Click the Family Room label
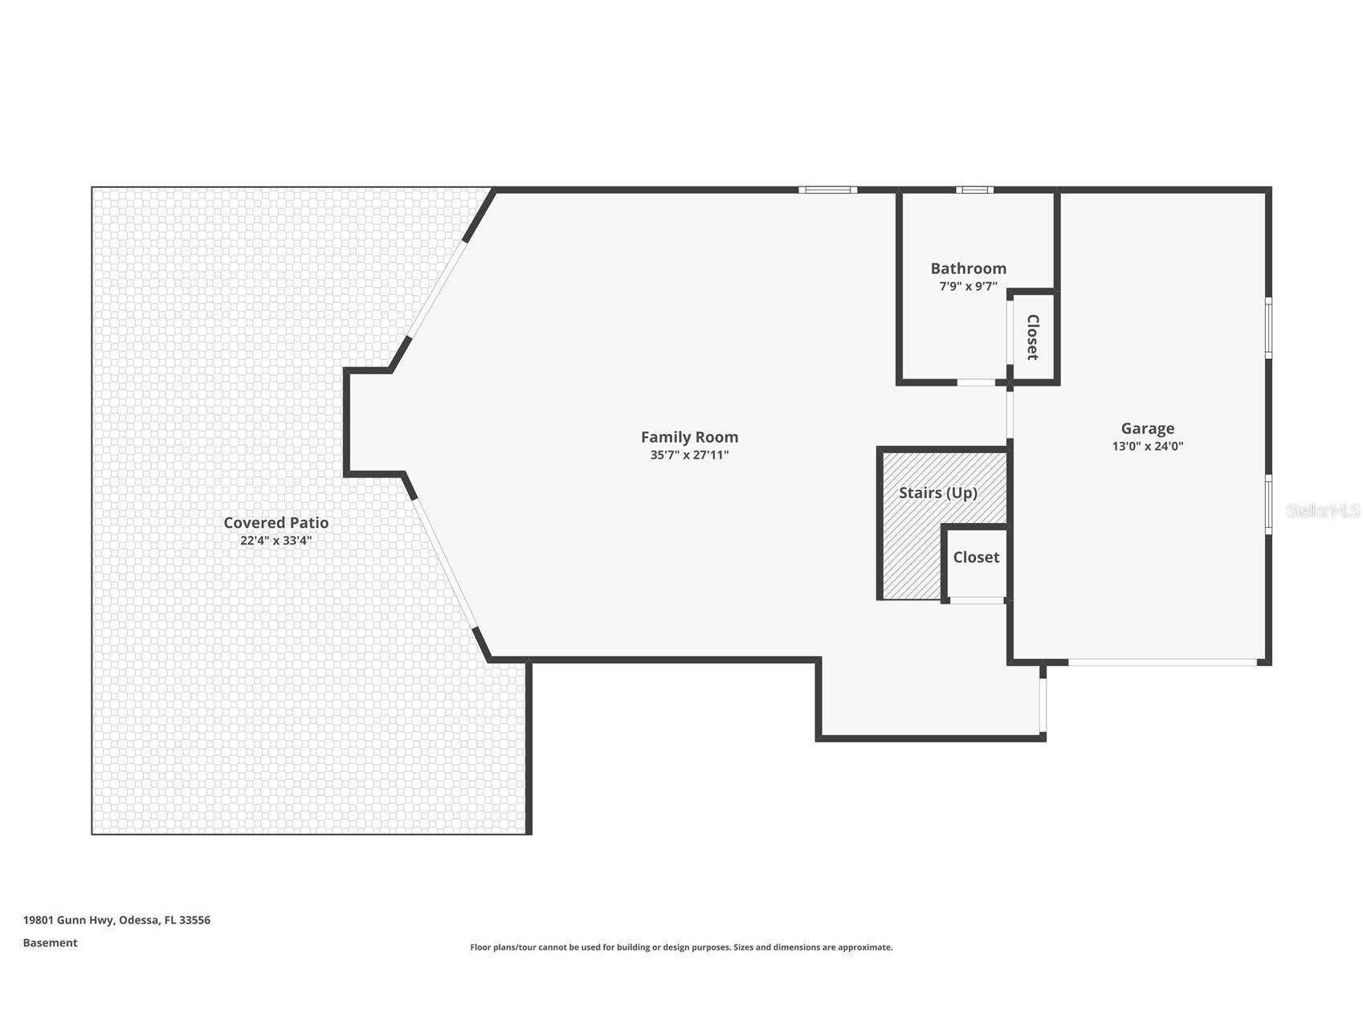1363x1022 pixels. [689, 437]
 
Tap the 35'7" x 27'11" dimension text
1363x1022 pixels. [689, 456]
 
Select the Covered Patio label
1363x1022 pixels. [275, 523]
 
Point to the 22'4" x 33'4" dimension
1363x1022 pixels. [275, 541]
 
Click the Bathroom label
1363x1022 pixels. [968, 268]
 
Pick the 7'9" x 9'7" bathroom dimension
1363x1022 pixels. [968, 286]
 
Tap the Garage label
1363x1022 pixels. [1147, 429]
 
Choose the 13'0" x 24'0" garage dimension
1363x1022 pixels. [1147, 447]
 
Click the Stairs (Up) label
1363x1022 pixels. [937, 493]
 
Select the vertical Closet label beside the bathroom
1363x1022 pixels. [1033, 337]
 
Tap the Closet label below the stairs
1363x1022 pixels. [976, 558]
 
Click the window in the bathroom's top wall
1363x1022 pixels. [974, 190]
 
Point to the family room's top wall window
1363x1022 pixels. [827, 190]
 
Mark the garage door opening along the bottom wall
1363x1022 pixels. [1161, 662]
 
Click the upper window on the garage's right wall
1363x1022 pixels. [1268, 327]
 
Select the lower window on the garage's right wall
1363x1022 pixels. [1268, 504]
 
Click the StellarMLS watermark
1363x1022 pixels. [1323, 511]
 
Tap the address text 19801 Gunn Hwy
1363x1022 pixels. [69, 920]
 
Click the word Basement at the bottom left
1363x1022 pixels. [50, 943]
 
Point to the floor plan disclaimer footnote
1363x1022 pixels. [681, 947]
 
